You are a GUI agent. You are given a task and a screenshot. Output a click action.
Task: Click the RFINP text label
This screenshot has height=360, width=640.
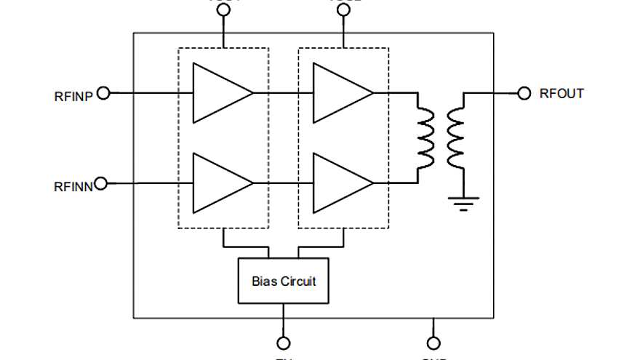(x=73, y=95)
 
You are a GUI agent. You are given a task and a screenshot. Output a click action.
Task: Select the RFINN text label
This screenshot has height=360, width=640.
(x=73, y=185)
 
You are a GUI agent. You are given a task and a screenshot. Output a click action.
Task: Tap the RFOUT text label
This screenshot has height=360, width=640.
(x=561, y=94)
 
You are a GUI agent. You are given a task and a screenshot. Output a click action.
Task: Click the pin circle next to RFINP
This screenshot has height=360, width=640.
(x=103, y=93)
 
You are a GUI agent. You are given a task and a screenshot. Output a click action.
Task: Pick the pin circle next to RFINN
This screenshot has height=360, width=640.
(x=100, y=183)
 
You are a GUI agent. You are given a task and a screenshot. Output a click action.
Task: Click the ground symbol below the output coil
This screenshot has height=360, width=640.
(x=461, y=201)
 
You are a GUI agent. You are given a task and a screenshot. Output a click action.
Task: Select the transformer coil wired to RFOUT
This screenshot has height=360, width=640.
(x=456, y=137)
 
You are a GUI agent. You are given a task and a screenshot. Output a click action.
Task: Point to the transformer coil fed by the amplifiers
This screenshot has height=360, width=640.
(x=425, y=137)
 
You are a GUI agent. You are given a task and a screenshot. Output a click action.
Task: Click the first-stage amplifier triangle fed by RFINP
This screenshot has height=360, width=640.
(x=218, y=93)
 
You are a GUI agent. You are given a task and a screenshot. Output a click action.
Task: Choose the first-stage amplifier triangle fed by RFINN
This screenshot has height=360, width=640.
(x=218, y=183)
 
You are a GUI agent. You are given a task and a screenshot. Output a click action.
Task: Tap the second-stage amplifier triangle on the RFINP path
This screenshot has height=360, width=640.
(x=338, y=93)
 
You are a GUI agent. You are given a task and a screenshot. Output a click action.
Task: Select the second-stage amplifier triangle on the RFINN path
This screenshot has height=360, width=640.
(x=338, y=183)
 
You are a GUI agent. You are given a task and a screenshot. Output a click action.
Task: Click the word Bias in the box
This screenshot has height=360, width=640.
(x=265, y=281)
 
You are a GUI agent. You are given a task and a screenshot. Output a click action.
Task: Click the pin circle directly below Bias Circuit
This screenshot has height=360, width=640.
(x=284, y=343)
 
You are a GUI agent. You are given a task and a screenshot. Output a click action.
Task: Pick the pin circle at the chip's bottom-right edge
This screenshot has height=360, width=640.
(x=433, y=343)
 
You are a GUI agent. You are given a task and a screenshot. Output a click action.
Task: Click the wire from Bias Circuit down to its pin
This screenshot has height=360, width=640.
(x=284, y=320)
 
